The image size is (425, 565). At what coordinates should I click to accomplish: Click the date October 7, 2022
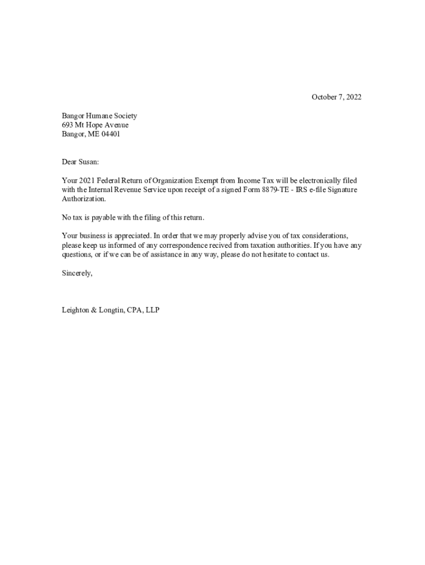coord(336,98)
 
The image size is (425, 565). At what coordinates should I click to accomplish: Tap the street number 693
coord(67,125)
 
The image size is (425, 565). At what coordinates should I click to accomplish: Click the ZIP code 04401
coord(110,134)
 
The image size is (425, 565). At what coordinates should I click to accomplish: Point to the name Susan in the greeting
coord(87,162)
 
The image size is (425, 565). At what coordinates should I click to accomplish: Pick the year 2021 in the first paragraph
coord(86,180)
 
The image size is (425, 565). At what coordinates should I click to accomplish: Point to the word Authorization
coord(83,199)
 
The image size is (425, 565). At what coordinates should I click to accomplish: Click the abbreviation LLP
coord(152,310)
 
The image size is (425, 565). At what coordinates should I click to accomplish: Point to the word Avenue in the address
coord(115,125)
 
